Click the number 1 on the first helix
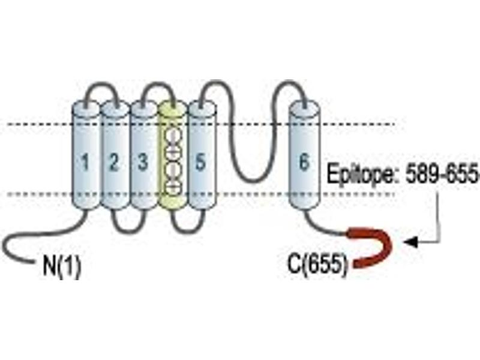[85, 161]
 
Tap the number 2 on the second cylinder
[113, 161]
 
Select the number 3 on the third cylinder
[143, 161]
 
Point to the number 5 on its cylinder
[200, 161]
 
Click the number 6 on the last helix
[304, 161]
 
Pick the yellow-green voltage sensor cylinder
[172, 154]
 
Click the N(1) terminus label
[62, 266]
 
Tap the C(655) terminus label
[317, 264]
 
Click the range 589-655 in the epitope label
[442, 173]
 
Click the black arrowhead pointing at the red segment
[410, 242]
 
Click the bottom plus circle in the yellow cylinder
[173, 187]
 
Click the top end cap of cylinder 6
[305, 107]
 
